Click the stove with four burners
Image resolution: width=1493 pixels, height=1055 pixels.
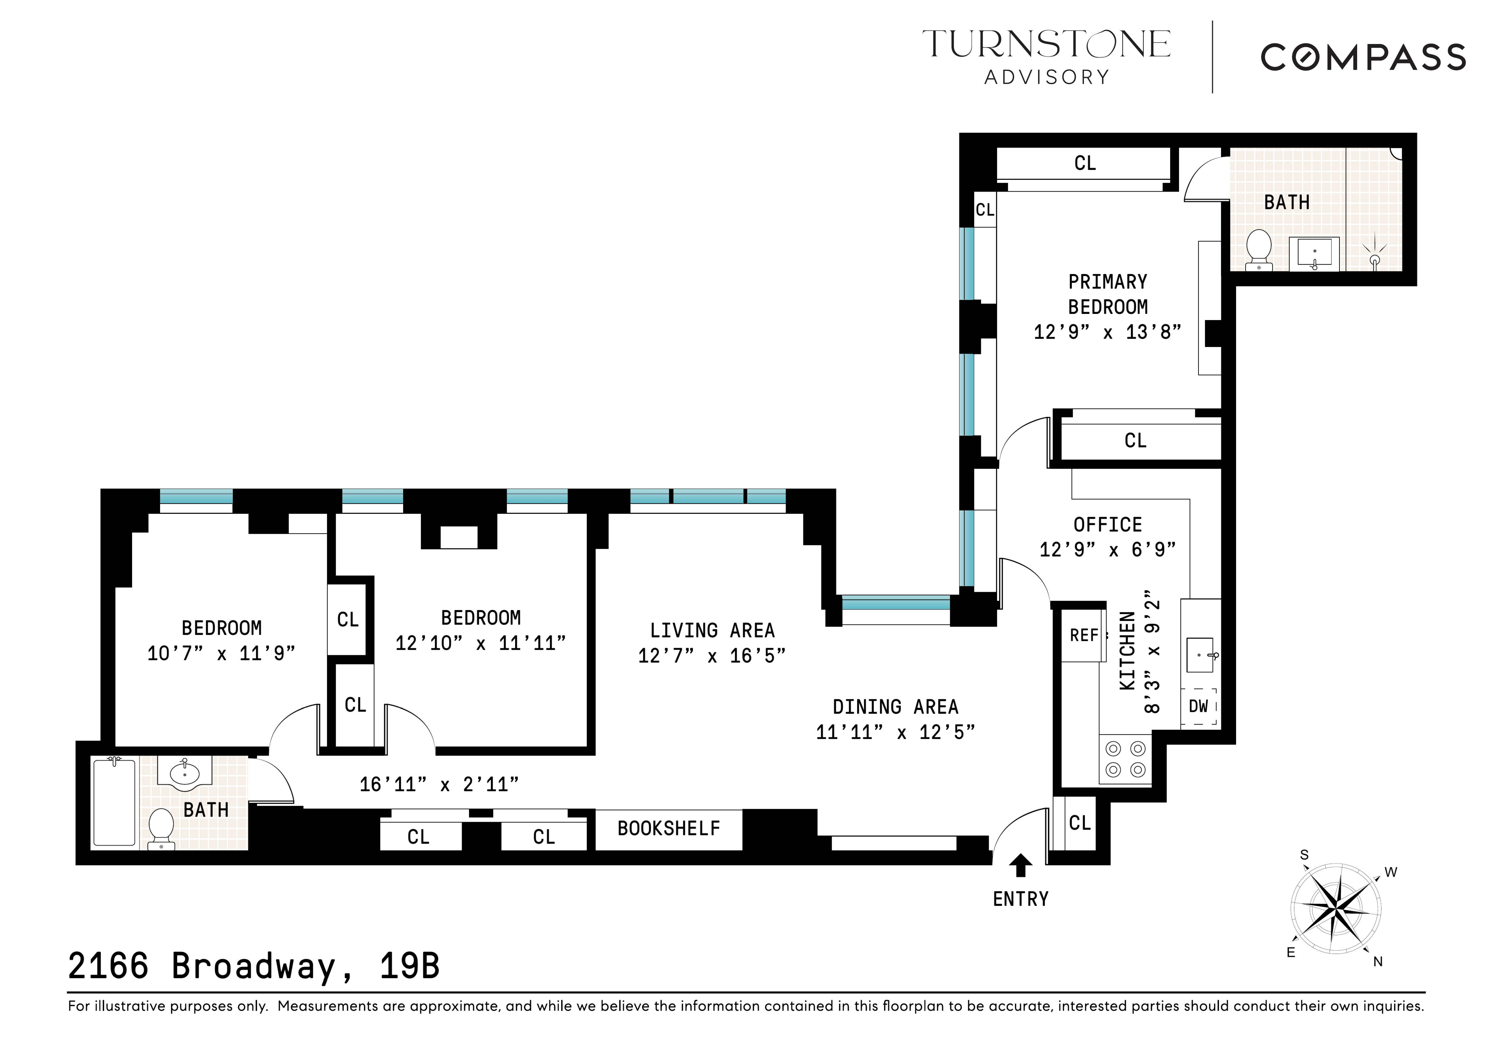point(1126,759)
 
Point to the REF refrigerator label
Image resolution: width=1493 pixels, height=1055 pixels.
point(1084,635)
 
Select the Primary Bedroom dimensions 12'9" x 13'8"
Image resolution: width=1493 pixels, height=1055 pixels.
point(1107,332)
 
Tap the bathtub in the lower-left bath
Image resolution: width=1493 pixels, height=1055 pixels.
point(114,803)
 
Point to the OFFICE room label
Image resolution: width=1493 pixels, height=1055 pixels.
point(1107,525)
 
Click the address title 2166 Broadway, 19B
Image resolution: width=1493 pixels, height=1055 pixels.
point(254,967)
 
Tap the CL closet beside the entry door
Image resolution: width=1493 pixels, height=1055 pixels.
point(1080,823)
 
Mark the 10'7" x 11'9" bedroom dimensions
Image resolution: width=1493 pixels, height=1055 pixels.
point(221,653)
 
